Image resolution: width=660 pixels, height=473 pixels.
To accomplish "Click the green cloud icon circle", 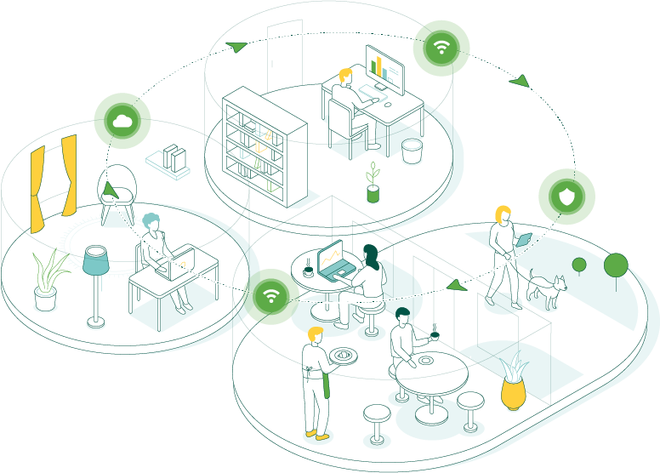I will (122, 121).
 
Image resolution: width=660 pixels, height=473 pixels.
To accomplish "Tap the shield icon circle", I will (566, 197).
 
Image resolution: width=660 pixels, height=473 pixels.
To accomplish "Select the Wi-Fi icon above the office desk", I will (441, 47).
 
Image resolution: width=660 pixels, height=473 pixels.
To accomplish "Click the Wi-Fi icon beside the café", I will (271, 296).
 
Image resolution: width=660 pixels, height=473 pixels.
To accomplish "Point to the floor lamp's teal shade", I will (96, 260).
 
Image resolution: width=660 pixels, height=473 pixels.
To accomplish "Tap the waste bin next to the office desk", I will (412, 151).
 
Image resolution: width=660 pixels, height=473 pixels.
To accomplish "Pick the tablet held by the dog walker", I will (525, 240).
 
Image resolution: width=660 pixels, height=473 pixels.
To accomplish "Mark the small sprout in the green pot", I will (373, 183).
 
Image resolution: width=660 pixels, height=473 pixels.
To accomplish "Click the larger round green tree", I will (616, 266).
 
